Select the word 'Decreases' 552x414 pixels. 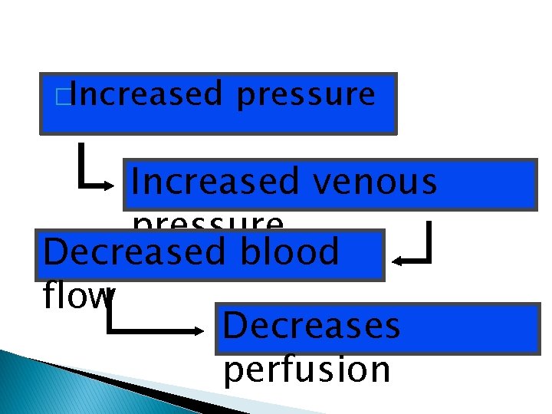[x=310, y=325]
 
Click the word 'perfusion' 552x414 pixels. [x=307, y=370]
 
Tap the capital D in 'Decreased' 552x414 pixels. [x=58, y=251]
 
